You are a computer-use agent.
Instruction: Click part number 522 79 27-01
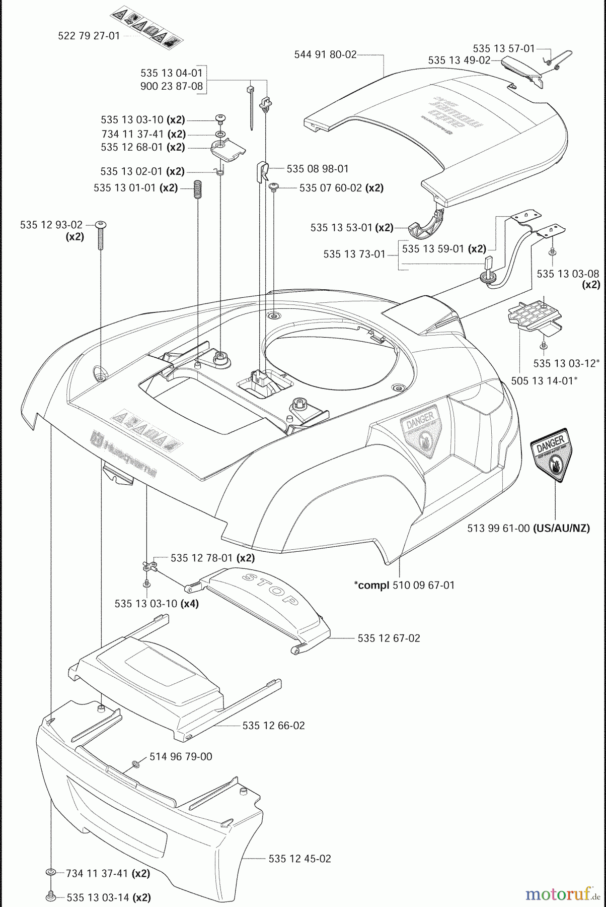pyautogui.click(x=89, y=36)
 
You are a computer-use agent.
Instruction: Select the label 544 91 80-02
pyautogui.click(x=325, y=54)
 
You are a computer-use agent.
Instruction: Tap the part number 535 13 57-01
pyautogui.click(x=503, y=48)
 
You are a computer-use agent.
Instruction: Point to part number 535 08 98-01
pyautogui.click(x=318, y=169)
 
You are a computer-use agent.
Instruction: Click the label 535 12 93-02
pyautogui.click(x=51, y=225)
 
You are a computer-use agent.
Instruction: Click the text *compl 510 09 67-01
pyautogui.click(x=404, y=585)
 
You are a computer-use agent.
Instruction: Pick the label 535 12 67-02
pyautogui.click(x=389, y=638)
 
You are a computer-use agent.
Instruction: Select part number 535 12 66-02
pyautogui.click(x=273, y=726)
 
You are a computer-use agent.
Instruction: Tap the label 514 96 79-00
pyautogui.click(x=181, y=756)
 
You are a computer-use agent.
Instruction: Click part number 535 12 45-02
pyautogui.click(x=299, y=859)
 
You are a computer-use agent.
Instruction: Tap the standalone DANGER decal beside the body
pyautogui.click(x=552, y=456)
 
